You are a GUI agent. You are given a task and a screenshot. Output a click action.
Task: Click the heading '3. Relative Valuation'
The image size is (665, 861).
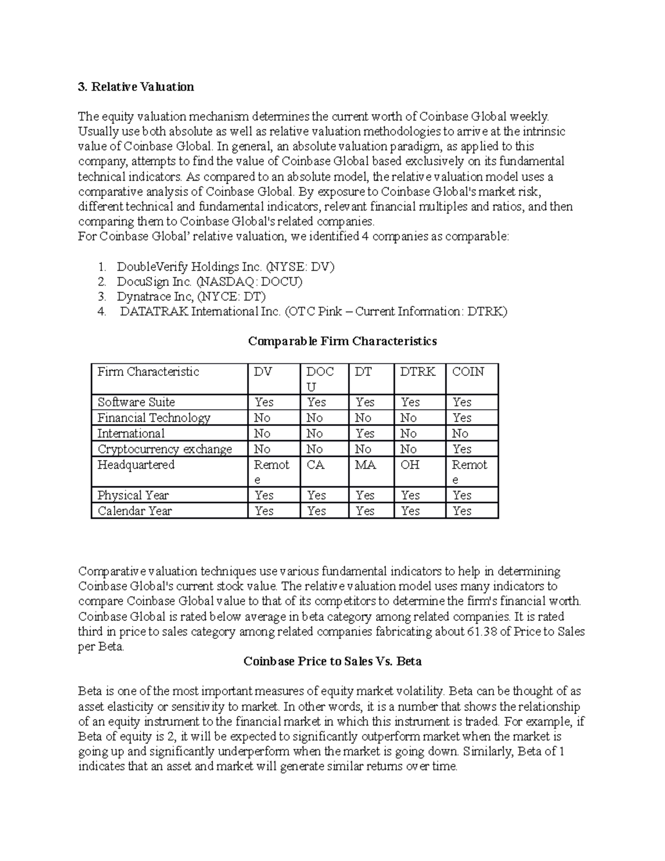[x=136, y=86]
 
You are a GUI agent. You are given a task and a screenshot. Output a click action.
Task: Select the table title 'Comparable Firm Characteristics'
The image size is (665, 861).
[x=342, y=341]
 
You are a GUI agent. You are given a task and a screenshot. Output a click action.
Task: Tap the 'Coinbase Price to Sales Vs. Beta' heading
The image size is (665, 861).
[x=332, y=661]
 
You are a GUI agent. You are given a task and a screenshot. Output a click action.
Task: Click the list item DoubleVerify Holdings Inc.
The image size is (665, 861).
[x=226, y=267]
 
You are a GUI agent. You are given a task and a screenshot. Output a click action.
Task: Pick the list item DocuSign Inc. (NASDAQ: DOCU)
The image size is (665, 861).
[x=209, y=282]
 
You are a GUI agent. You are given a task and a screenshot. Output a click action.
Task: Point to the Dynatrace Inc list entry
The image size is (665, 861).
[x=191, y=297]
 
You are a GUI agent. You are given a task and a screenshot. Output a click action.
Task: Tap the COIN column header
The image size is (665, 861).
[x=468, y=372]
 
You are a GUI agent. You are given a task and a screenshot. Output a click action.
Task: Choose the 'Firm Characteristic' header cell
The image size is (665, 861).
[x=148, y=372]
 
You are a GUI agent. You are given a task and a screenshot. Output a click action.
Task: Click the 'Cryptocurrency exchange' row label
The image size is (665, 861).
[x=165, y=449]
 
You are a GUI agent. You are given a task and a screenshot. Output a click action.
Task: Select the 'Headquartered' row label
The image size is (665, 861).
[x=136, y=465]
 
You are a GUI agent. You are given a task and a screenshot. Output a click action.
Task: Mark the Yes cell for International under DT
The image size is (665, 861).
[x=365, y=434]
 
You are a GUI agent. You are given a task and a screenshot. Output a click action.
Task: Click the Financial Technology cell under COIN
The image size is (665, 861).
[x=462, y=418]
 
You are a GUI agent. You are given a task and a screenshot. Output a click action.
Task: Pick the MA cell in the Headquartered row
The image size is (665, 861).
[x=365, y=465]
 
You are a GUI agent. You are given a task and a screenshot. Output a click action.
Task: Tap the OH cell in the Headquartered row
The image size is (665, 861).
[x=410, y=465]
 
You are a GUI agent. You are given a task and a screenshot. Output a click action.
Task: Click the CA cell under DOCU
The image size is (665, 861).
[x=315, y=465]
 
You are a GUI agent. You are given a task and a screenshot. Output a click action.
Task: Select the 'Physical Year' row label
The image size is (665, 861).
[x=133, y=495]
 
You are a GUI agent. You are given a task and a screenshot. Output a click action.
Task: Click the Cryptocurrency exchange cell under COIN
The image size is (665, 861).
[x=462, y=449]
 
